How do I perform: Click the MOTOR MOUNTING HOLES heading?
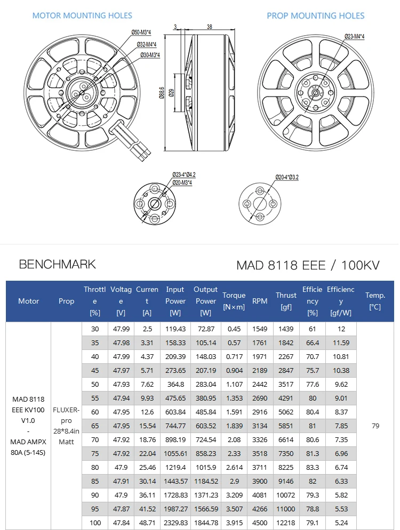point(82,15)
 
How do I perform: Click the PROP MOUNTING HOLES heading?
point(316,16)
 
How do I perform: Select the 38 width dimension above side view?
point(209,26)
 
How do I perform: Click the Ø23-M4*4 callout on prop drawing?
point(354,36)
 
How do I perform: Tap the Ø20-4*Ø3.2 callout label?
point(286,177)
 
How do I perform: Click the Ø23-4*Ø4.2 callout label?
point(184,175)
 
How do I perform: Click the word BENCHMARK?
point(57,264)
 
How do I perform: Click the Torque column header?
point(234,300)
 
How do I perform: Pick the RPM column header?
point(260,301)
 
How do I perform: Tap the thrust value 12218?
point(286,523)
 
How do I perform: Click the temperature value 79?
point(375,426)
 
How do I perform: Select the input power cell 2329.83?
point(175,523)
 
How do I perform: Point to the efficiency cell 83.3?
point(312,467)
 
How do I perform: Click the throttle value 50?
point(95,384)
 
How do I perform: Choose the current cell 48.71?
point(147,523)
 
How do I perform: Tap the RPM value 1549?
point(260,329)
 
